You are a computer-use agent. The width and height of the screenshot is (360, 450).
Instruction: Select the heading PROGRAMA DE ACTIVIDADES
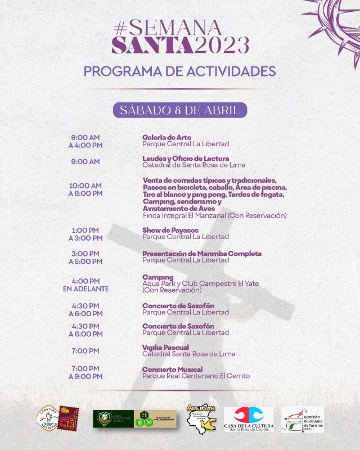(x=179, y=71)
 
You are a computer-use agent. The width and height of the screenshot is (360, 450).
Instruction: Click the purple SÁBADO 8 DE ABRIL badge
(x=180, y=110)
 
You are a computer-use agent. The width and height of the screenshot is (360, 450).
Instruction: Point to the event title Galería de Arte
(x=167, y=137)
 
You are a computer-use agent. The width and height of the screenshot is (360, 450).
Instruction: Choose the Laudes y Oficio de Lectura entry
(x=186, y=158)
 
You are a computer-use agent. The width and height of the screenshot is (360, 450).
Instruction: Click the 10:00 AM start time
(x=85, y=186)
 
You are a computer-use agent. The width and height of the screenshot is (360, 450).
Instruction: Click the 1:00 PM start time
(x=85, y=230)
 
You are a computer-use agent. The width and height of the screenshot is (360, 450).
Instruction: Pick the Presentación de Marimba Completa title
(x=202, y=253)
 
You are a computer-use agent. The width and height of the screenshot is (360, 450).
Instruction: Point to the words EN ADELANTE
(x=85, y=289)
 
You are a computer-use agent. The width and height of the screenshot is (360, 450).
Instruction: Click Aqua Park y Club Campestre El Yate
(x=201, y=283)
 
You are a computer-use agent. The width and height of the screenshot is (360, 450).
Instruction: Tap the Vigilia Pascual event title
(x=165, y=347)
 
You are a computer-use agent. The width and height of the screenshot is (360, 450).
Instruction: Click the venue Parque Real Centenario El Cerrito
(x=196, y=376)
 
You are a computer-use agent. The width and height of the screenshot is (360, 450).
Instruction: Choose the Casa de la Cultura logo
(x=249, y=419)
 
